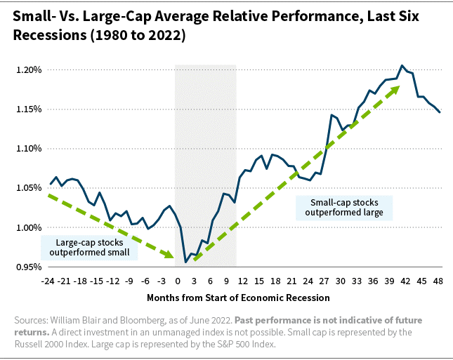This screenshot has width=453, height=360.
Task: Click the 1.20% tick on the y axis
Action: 29,70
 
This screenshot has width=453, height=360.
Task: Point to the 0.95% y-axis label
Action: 29,267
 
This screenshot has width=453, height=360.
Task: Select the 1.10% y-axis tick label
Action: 29,149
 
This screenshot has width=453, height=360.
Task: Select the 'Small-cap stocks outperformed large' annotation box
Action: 344,207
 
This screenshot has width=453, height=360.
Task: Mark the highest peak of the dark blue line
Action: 402,65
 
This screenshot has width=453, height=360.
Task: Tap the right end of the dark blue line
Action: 440,112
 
